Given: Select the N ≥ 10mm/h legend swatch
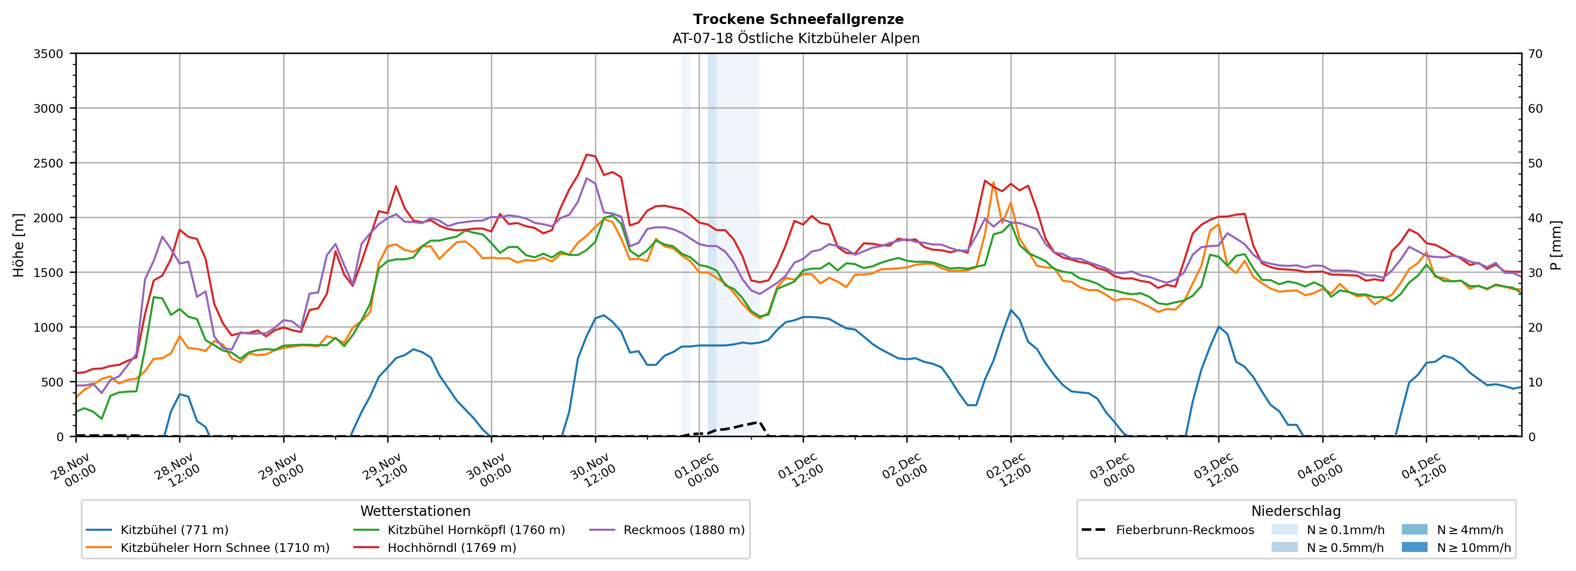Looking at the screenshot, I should pos(1414,547).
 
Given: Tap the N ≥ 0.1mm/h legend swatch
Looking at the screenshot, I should pos(1284,530).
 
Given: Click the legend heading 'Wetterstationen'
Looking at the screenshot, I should pos(415,511).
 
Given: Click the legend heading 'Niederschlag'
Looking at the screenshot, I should pos(1296,511).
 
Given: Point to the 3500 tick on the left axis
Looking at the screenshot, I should pos(49,54).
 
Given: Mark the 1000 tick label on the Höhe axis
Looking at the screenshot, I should pos(49,328).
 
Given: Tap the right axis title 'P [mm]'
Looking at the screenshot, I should pos(1556,245).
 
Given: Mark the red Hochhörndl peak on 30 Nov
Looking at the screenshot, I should pos(587,154).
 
